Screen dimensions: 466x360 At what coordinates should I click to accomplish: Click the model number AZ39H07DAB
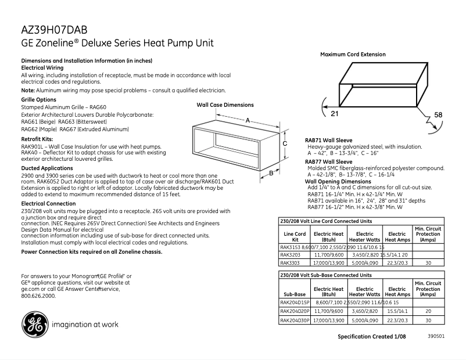click(55, 30)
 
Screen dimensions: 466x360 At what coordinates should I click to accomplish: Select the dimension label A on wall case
click(248, 120)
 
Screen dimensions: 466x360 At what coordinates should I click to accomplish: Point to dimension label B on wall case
click(271, 172)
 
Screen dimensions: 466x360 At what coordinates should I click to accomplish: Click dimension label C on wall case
click(285, 143)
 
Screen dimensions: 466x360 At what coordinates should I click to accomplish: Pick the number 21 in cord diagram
click(335, 113)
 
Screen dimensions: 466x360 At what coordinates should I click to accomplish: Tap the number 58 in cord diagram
click(438, 115)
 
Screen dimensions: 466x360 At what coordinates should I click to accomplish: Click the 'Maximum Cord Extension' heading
click(353, 55)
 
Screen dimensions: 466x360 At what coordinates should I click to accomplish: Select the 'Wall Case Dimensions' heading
click(225, 105)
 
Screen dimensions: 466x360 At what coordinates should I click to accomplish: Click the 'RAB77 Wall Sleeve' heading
click(329, 161)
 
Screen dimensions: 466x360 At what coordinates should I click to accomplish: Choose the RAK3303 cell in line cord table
click(290, 262)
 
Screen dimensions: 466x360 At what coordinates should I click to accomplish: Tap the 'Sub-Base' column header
click(295, 294)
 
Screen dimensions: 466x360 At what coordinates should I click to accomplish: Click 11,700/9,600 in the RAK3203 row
click(329, 254)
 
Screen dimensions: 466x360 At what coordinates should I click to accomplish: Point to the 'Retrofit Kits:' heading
click(37, 140)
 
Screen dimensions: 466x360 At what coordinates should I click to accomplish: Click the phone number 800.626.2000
click(38, 296)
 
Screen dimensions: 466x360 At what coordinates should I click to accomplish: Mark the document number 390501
click(436, 336)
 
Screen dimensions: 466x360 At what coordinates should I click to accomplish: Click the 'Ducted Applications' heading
click(47, 168)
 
